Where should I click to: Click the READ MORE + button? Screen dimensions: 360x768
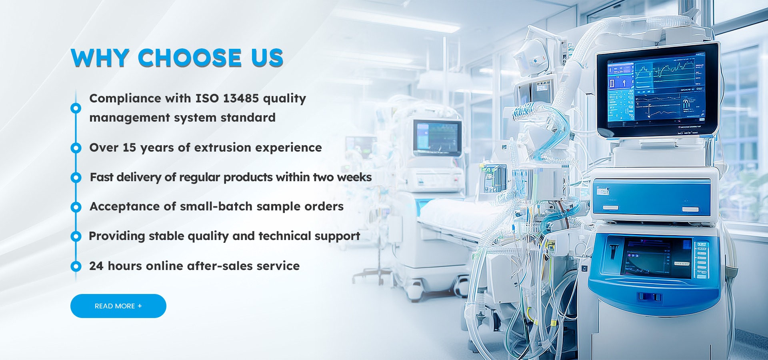(118, 306)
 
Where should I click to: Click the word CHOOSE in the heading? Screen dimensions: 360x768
(190, 58)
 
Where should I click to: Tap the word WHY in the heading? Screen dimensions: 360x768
(100, 58)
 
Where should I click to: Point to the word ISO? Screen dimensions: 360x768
(207, 98)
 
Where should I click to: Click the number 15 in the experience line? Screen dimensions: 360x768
(129, 148)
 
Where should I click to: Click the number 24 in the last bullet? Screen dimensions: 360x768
(96, 266)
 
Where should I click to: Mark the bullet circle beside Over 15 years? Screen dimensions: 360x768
(76, 148)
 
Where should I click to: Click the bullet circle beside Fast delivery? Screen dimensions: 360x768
(76, 178)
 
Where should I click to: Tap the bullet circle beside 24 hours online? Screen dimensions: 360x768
(76, 266)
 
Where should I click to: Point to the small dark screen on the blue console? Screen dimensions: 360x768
(656, 258)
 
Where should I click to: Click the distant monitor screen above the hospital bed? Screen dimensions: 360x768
(437, 137)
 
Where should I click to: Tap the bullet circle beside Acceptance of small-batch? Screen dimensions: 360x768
(76, 207)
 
